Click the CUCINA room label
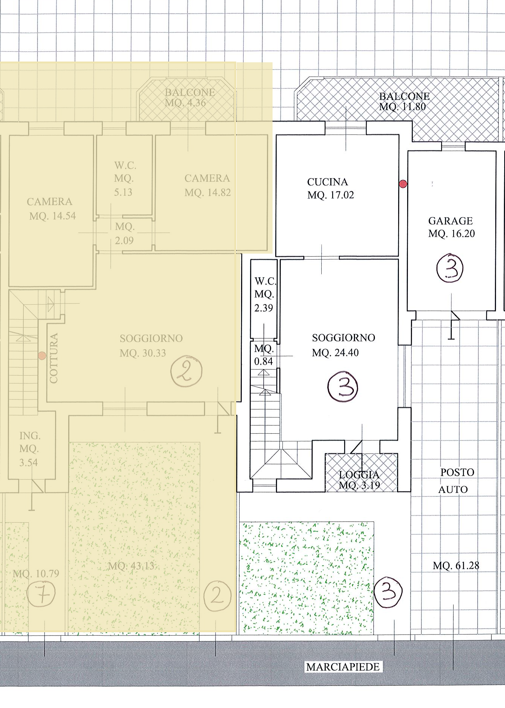pos(327,182)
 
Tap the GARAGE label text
pos(450,221)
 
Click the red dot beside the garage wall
pos(403,184)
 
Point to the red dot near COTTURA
pos(42,355)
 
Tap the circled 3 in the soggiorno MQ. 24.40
pos(343,388)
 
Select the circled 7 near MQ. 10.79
pos(41,594)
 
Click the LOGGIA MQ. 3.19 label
pos(359,480)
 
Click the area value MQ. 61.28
pos(456,565)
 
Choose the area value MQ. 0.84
pos(264,355)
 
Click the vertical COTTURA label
pos(54,358)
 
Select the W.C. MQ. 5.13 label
pos(124,179)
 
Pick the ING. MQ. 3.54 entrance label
pos(29,449)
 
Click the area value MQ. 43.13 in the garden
pos(131,565)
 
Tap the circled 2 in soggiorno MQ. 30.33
pos(186,371)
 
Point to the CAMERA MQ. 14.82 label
pos(207,185)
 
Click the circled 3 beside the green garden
pos(388,593)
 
